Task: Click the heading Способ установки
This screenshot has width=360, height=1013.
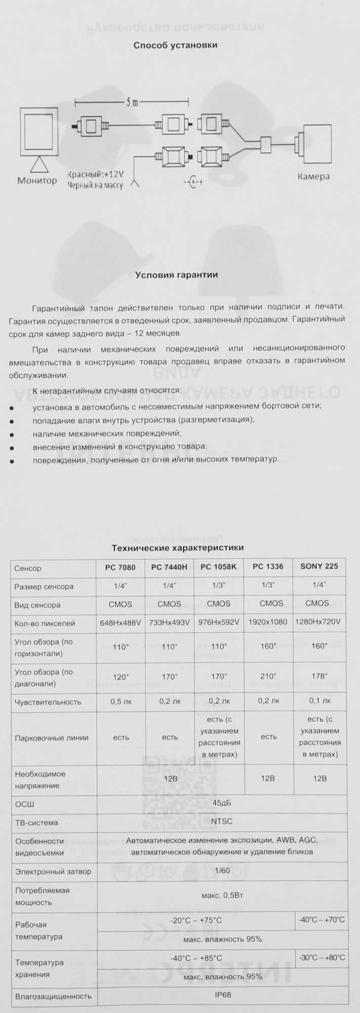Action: (175, 45)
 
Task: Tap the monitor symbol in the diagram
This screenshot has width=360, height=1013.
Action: (38, 134)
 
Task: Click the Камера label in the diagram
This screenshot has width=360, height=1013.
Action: (313, 177)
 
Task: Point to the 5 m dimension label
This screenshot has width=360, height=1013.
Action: (132, 103)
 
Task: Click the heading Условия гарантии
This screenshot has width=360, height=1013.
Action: (176, 275)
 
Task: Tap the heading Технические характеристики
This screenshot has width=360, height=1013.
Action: (178, 548)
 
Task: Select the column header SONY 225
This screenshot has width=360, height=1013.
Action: (319, 567)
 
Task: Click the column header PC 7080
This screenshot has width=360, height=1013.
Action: (121, 567)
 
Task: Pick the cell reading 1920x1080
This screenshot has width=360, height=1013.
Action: (268, 622)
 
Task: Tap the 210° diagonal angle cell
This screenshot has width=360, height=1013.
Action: (269, 677)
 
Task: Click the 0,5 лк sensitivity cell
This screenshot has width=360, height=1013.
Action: (121, 702)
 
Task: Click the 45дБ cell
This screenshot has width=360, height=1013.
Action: (222, 803)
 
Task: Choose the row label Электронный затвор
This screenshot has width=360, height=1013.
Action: (53, 872)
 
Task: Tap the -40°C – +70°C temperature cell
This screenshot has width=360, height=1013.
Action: (321, 919)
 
